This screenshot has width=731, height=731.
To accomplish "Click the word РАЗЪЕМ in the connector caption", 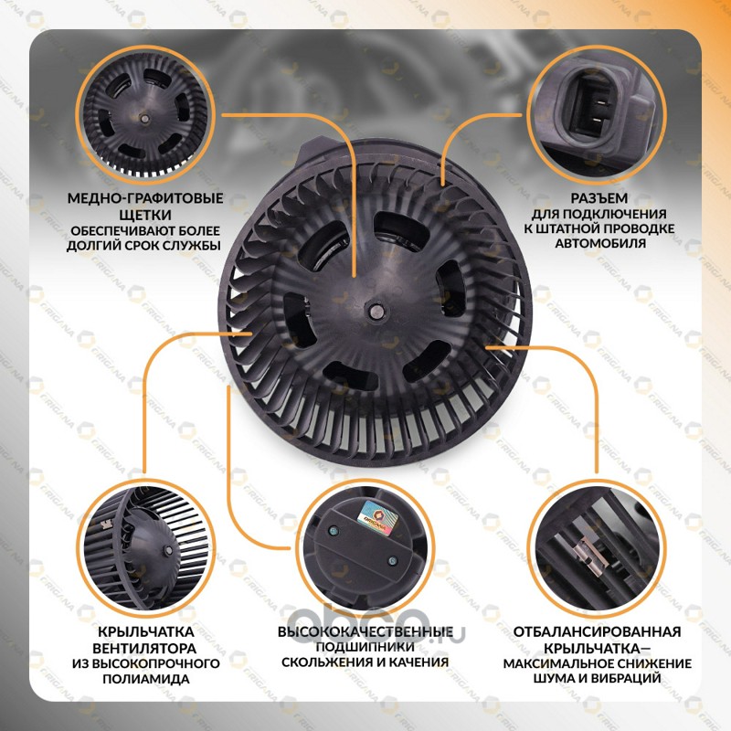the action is [x=599, y=198].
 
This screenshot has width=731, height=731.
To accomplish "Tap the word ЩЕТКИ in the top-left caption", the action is [x=145, y=215].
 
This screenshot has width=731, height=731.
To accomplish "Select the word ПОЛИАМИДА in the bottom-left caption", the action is [x=146, y=679].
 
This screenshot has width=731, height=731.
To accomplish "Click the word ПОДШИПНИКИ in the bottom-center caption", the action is [x=365, y=647].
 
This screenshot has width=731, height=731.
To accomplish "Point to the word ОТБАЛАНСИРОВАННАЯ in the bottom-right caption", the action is [x=598, y=631].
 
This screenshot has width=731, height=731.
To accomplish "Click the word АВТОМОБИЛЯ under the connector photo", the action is [x=600, y=243].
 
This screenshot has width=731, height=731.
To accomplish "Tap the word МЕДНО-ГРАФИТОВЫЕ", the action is [x=145, y=198].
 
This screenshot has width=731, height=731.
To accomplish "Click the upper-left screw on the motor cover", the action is [x=334, y=530].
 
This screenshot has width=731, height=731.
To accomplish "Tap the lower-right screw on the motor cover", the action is [x=393, y=560].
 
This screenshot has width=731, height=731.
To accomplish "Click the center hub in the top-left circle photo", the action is [x=145, y=119].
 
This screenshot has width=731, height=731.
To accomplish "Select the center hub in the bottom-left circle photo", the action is [x=167, y=551].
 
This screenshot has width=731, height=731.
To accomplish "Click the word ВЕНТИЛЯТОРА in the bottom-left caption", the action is [x=144, y=649].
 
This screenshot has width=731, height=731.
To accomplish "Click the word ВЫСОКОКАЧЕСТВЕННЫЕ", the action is [x=365, y=631].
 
